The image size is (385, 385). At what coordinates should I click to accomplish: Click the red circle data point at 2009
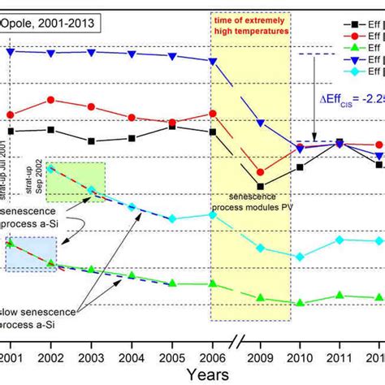260,172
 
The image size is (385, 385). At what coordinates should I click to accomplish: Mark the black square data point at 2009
260,186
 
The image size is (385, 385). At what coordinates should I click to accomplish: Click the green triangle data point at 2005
172,283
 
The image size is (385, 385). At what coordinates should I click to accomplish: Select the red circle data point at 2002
50,100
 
